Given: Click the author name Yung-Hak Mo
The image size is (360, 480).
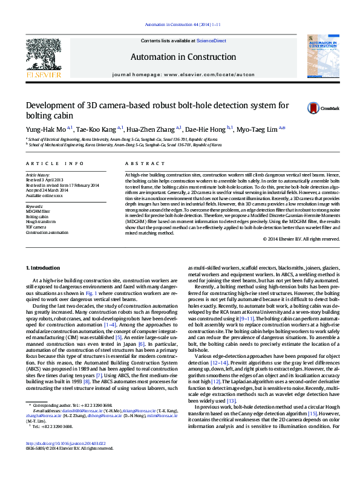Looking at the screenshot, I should coord(45,129).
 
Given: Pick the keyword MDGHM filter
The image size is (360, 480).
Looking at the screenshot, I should coord(38,211).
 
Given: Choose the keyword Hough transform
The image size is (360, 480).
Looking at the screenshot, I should coord(40,221).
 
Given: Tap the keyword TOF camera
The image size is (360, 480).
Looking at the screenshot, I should coord(36,226).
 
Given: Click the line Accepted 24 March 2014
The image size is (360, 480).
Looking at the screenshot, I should coord(47,190).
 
